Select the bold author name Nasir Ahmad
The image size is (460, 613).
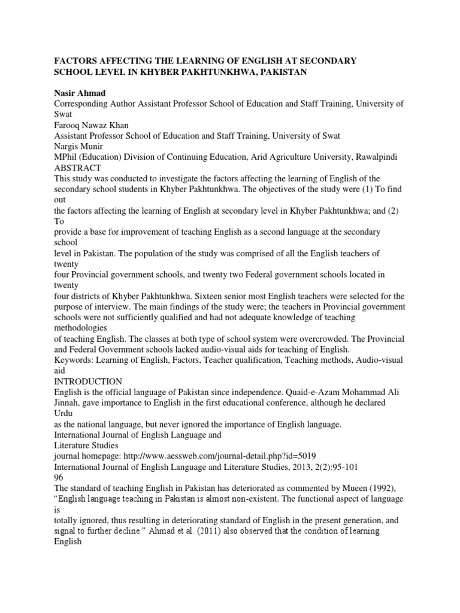(80, 93)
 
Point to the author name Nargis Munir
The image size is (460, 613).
(79, 146)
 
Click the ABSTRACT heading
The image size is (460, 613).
(76, 168)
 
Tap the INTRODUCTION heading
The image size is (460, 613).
(88, 381)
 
